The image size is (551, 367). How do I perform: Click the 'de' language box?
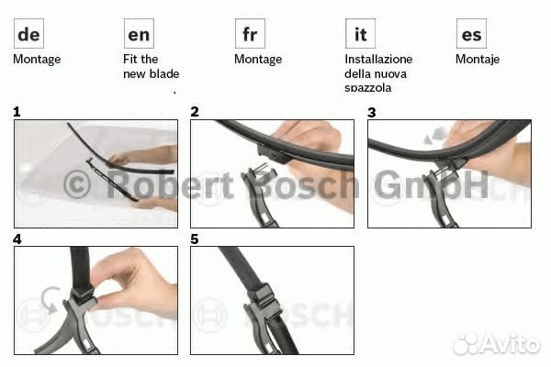(x=28, y=34)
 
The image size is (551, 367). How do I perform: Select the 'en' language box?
(x=139, y=34)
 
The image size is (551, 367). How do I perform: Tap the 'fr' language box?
(x=250, y=34)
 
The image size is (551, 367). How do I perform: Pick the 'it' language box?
(x=360, y=34)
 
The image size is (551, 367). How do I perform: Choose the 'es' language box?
(x=471, y=34)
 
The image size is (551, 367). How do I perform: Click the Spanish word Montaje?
(x=478, y=60)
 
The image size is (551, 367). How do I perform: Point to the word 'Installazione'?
(x=378, y=59)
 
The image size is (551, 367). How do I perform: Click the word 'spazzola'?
(x=368, y=88)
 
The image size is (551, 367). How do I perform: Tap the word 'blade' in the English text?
(x=163, y=73)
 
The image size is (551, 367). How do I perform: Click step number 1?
(x=17, y=112)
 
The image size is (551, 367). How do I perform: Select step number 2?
(x=195, y=112)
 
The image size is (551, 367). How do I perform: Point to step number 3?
(x=371, y=112)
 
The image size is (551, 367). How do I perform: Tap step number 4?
(x=17, y=239)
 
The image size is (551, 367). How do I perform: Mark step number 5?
(x=195, y=239)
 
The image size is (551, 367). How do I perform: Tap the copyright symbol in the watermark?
(x=77, y=184)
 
